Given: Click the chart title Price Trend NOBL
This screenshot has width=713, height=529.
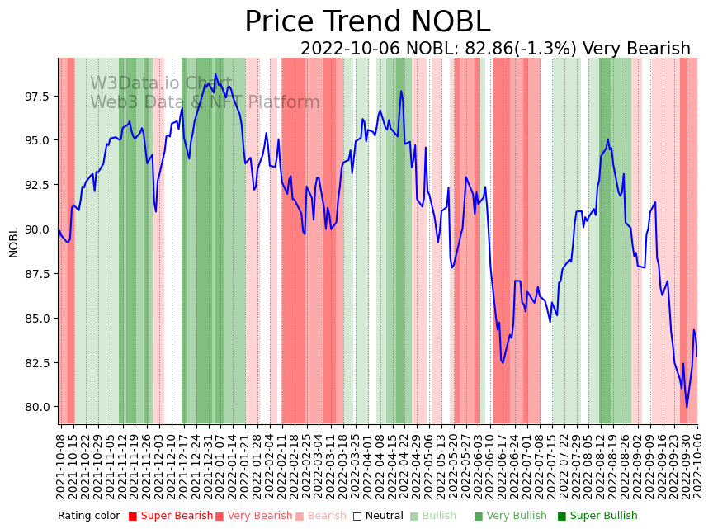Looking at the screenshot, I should coord(367,22).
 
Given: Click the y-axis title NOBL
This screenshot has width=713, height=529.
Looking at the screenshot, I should coord(14,242).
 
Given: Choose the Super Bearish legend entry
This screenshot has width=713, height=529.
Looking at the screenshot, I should coord(171,517).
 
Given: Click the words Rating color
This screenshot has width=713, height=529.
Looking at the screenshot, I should coord(88,517).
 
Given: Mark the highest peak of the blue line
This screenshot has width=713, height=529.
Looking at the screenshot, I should coord(215,74).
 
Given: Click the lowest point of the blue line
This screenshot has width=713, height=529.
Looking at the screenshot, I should coord(687,407).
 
